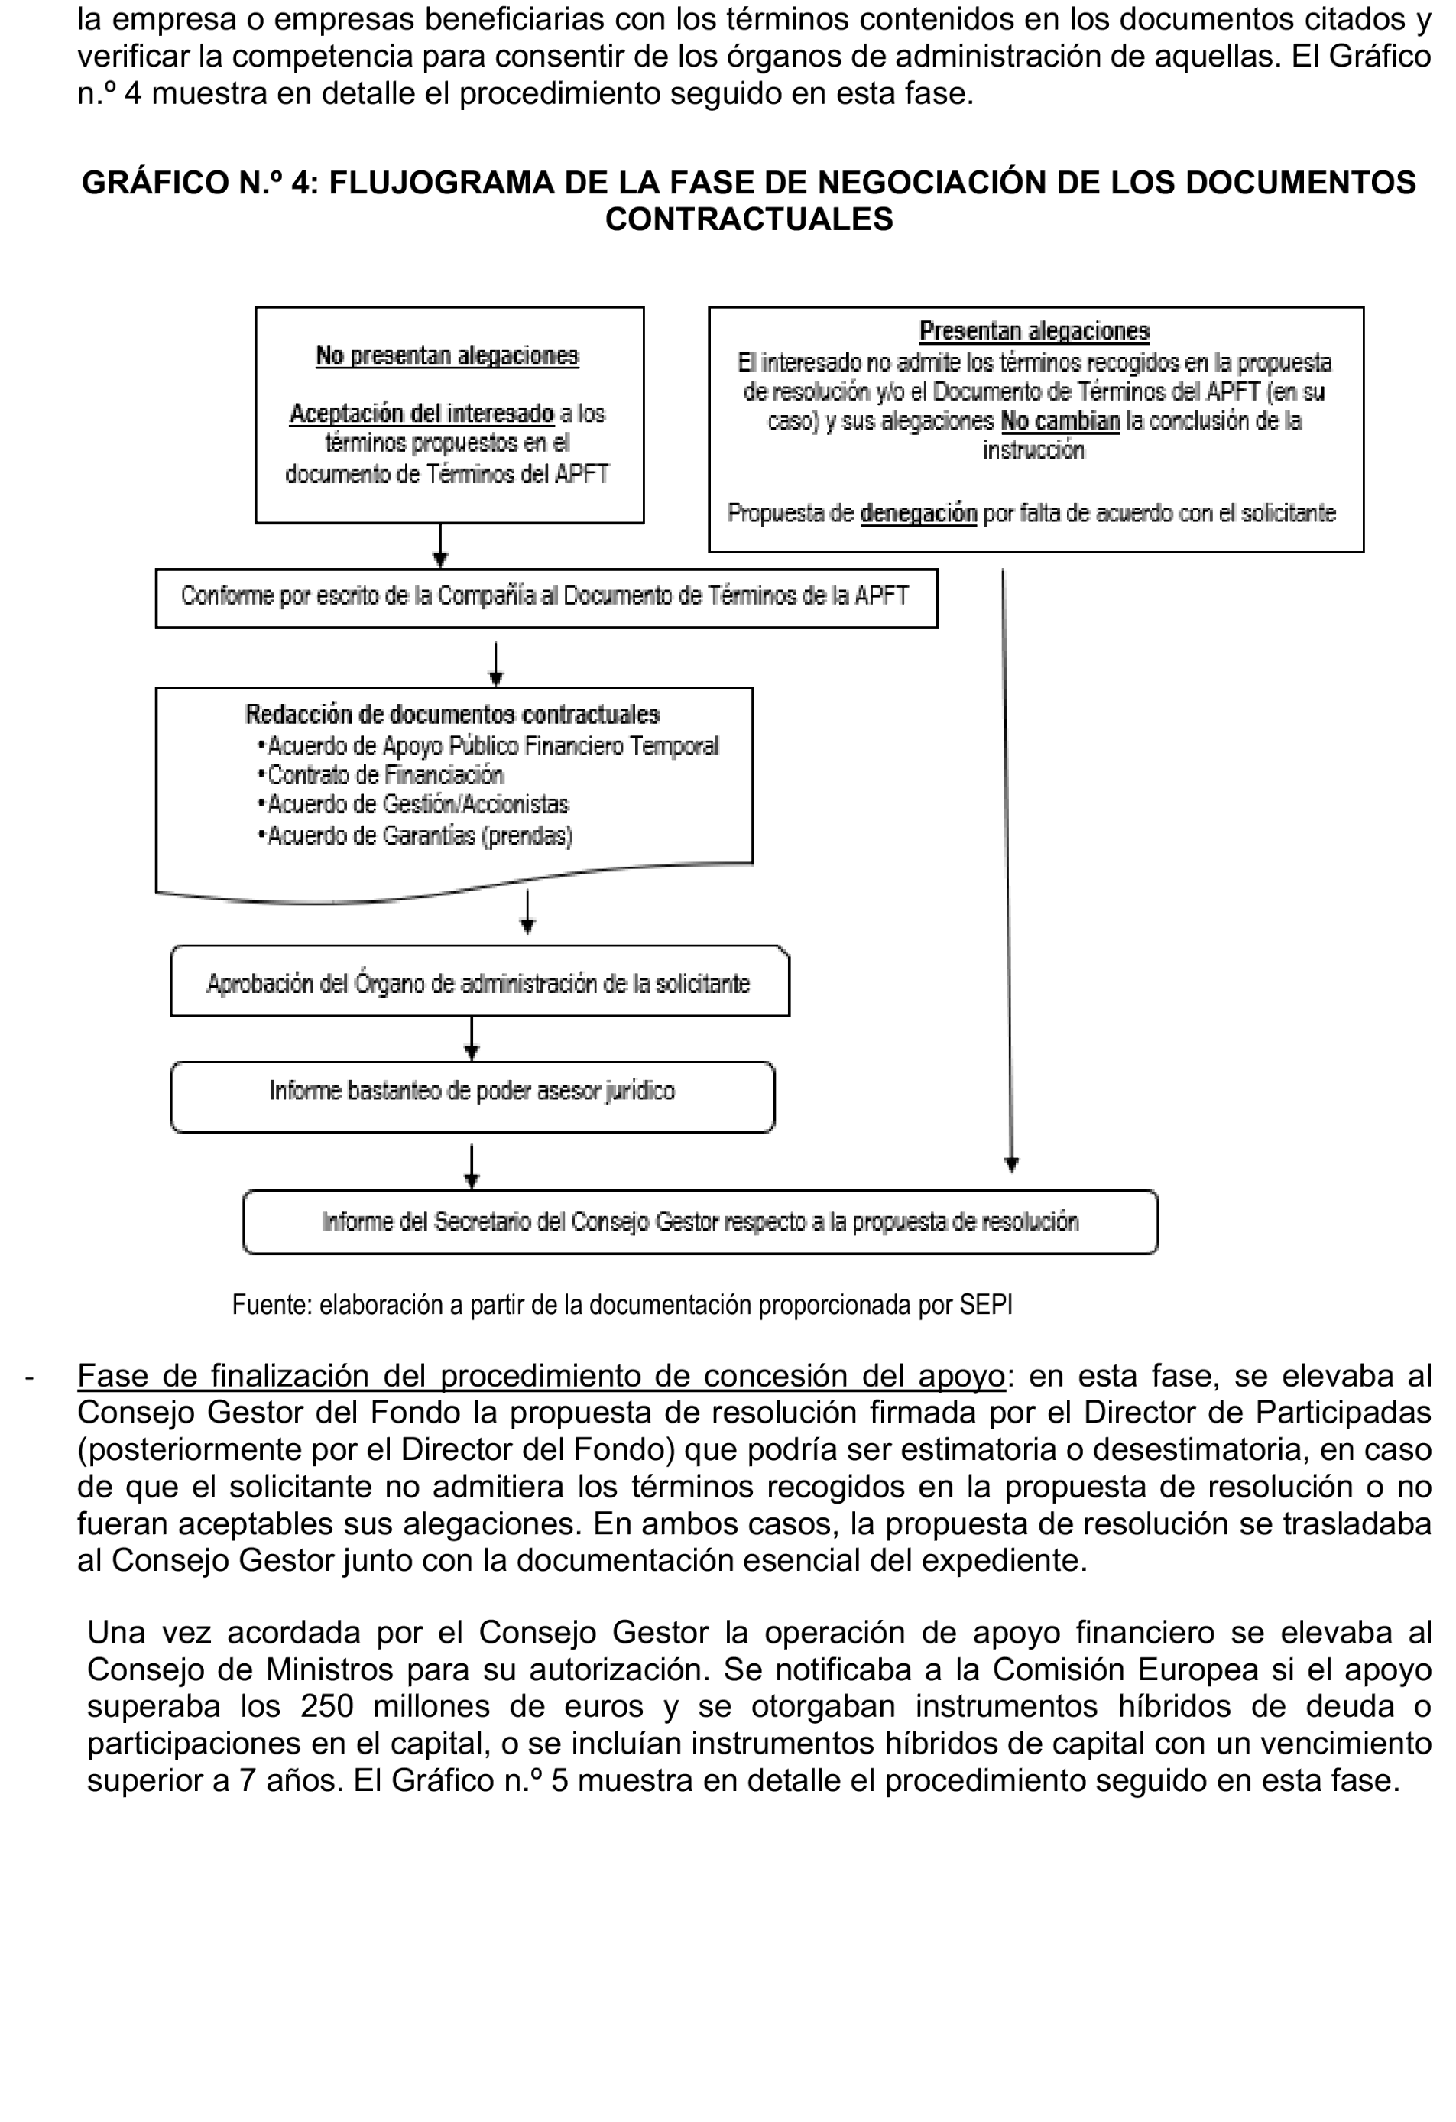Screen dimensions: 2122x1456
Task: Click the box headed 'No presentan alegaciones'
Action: coord(449,414)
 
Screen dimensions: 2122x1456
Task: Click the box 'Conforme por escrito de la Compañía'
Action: coord(546,597)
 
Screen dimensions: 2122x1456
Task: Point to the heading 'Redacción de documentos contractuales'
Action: coord(452,714)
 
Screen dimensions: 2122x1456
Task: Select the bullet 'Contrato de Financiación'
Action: coord(385,775)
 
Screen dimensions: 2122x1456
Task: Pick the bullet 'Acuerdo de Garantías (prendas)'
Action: coord(419,835)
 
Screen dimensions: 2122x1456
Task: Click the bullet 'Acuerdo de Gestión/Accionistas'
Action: coord(417,804)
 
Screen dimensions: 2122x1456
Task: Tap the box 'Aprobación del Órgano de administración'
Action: coord(479,982)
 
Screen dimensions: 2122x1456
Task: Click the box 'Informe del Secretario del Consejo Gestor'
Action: coord(699,1222)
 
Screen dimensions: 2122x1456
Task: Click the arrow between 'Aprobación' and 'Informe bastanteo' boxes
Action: coord(471,1038)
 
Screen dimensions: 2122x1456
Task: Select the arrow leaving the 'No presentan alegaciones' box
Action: coord(440,546)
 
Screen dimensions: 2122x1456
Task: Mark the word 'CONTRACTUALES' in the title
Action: coord(748,219)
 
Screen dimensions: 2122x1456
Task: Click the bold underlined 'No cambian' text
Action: coord(1060,422)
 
